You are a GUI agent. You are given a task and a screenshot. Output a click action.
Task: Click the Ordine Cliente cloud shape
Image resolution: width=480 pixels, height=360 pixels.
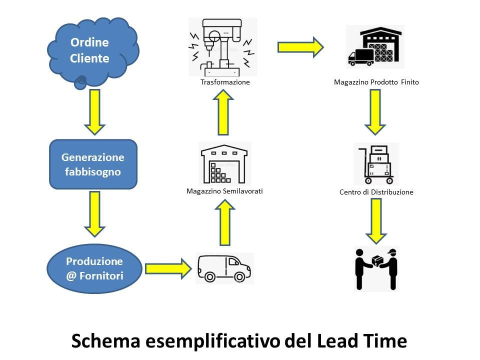92,50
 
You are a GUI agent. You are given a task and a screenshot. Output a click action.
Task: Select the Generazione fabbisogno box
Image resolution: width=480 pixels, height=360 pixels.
93,164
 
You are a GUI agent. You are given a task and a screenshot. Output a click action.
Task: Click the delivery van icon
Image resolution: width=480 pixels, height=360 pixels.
224,268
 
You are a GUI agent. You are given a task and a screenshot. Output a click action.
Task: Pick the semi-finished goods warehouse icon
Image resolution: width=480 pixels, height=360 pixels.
224,164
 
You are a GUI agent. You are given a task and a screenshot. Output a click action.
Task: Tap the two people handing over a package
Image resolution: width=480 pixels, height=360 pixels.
376,268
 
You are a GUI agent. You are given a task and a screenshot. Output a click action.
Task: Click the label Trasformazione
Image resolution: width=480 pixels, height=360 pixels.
224,82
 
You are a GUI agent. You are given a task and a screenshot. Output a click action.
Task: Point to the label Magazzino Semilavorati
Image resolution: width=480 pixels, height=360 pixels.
224,191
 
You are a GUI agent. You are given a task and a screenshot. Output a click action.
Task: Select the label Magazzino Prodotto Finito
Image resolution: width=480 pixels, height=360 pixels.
376,82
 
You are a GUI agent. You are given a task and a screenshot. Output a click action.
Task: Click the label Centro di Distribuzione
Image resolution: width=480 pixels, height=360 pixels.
376,192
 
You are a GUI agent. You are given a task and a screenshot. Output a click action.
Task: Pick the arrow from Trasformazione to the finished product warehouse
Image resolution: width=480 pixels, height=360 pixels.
300,47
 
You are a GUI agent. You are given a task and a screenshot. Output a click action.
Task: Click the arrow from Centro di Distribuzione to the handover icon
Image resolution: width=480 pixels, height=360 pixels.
376,220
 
